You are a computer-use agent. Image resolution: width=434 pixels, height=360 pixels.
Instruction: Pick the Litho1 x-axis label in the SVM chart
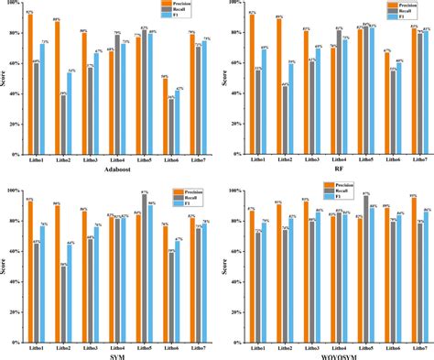[34, 339]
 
